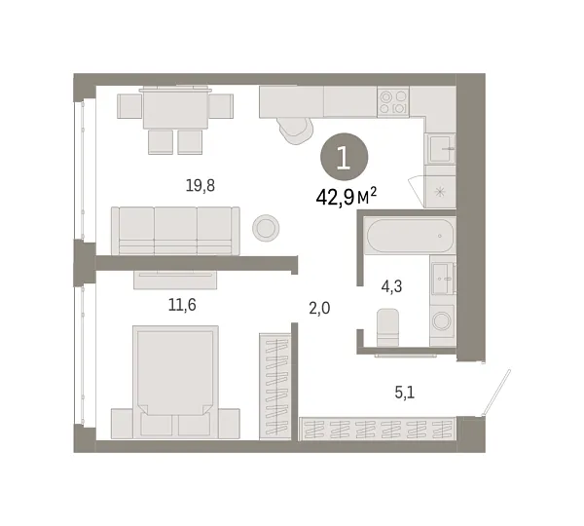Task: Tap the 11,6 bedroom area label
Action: click(182, 305)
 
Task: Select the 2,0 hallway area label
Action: click(319, 308)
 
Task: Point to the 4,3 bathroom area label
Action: click(393, 285)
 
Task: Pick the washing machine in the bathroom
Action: click(442, 320)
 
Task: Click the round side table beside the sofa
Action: click(265, 228)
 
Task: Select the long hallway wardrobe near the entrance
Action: click(378, 429)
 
